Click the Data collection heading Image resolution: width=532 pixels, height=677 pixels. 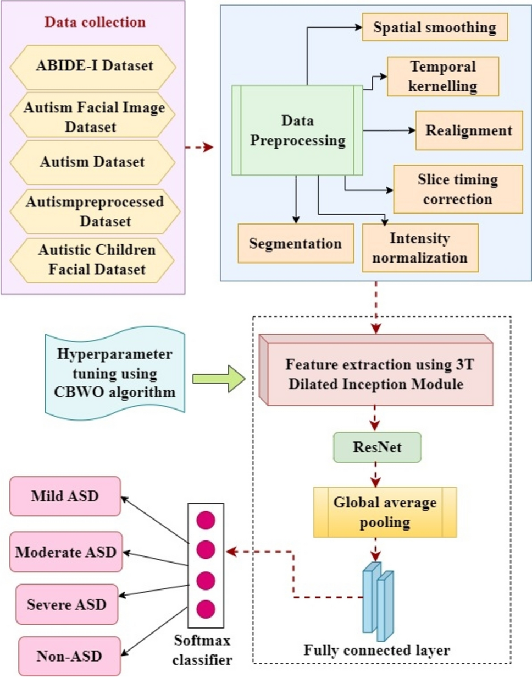pos(95,23)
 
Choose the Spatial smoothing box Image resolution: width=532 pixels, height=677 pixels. pos(434,26)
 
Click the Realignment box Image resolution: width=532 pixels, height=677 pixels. pos(469,130)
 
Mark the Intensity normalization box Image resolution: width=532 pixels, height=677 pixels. pos(420,247)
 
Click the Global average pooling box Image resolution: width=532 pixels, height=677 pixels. pos(385,510)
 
